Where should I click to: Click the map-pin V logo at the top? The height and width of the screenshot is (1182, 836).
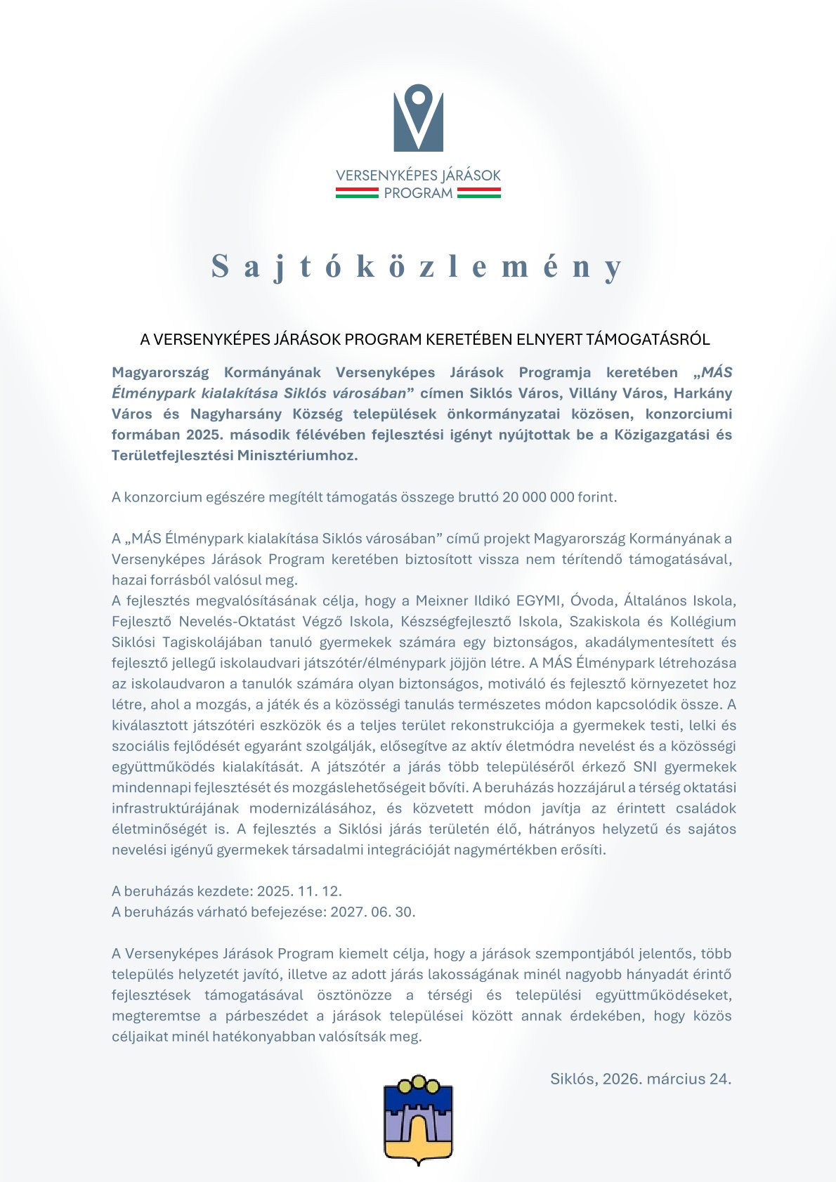click(x=418, y=117)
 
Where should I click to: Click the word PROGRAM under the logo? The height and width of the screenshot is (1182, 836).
click(x=418, y=193)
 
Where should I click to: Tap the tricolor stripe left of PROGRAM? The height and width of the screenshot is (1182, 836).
click(x=357, y=193)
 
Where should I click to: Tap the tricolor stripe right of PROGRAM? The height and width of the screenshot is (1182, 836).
click(x=478, y=193)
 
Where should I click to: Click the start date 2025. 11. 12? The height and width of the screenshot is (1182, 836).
click(x=299, y=891)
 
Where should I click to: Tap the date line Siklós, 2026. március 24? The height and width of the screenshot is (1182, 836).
click(x=641, y=1079)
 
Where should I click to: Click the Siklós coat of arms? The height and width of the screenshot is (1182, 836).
click(x=418, y=1119)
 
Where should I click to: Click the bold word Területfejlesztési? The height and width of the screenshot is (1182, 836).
click(x=171, y=455)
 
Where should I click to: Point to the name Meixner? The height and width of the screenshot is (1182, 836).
click(x=442, y=601)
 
